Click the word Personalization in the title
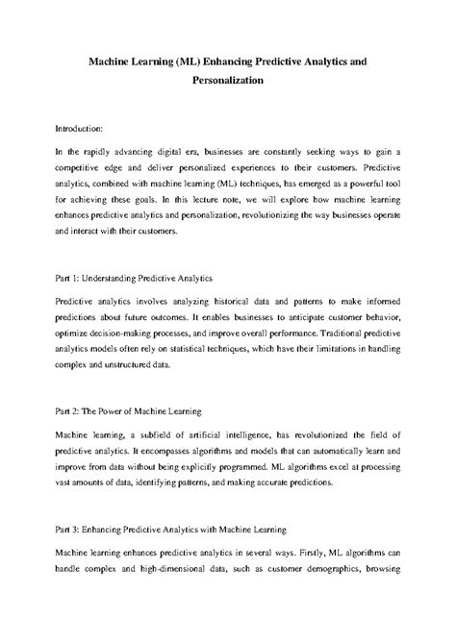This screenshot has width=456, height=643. pyautogui.click(x=228, y=82)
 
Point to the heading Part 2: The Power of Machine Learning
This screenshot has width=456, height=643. pyautogui.click(x=127, y=410)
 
